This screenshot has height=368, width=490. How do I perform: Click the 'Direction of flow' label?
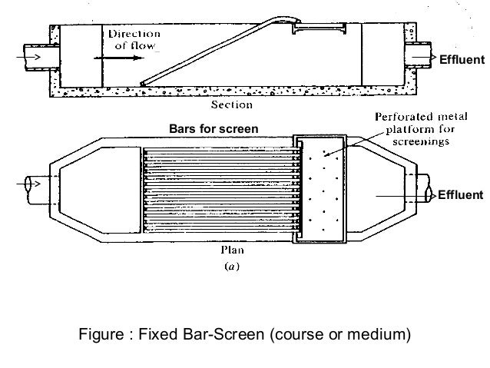click(135, 39)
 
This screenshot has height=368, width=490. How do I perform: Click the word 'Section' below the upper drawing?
click(234, 102)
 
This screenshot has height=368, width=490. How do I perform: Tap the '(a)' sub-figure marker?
click(233, 267)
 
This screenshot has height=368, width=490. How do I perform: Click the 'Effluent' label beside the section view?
click(462, 61)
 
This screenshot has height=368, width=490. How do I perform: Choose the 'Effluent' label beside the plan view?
click(462, 195)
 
